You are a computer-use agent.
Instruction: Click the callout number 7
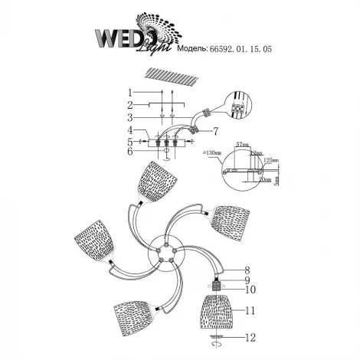216,130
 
